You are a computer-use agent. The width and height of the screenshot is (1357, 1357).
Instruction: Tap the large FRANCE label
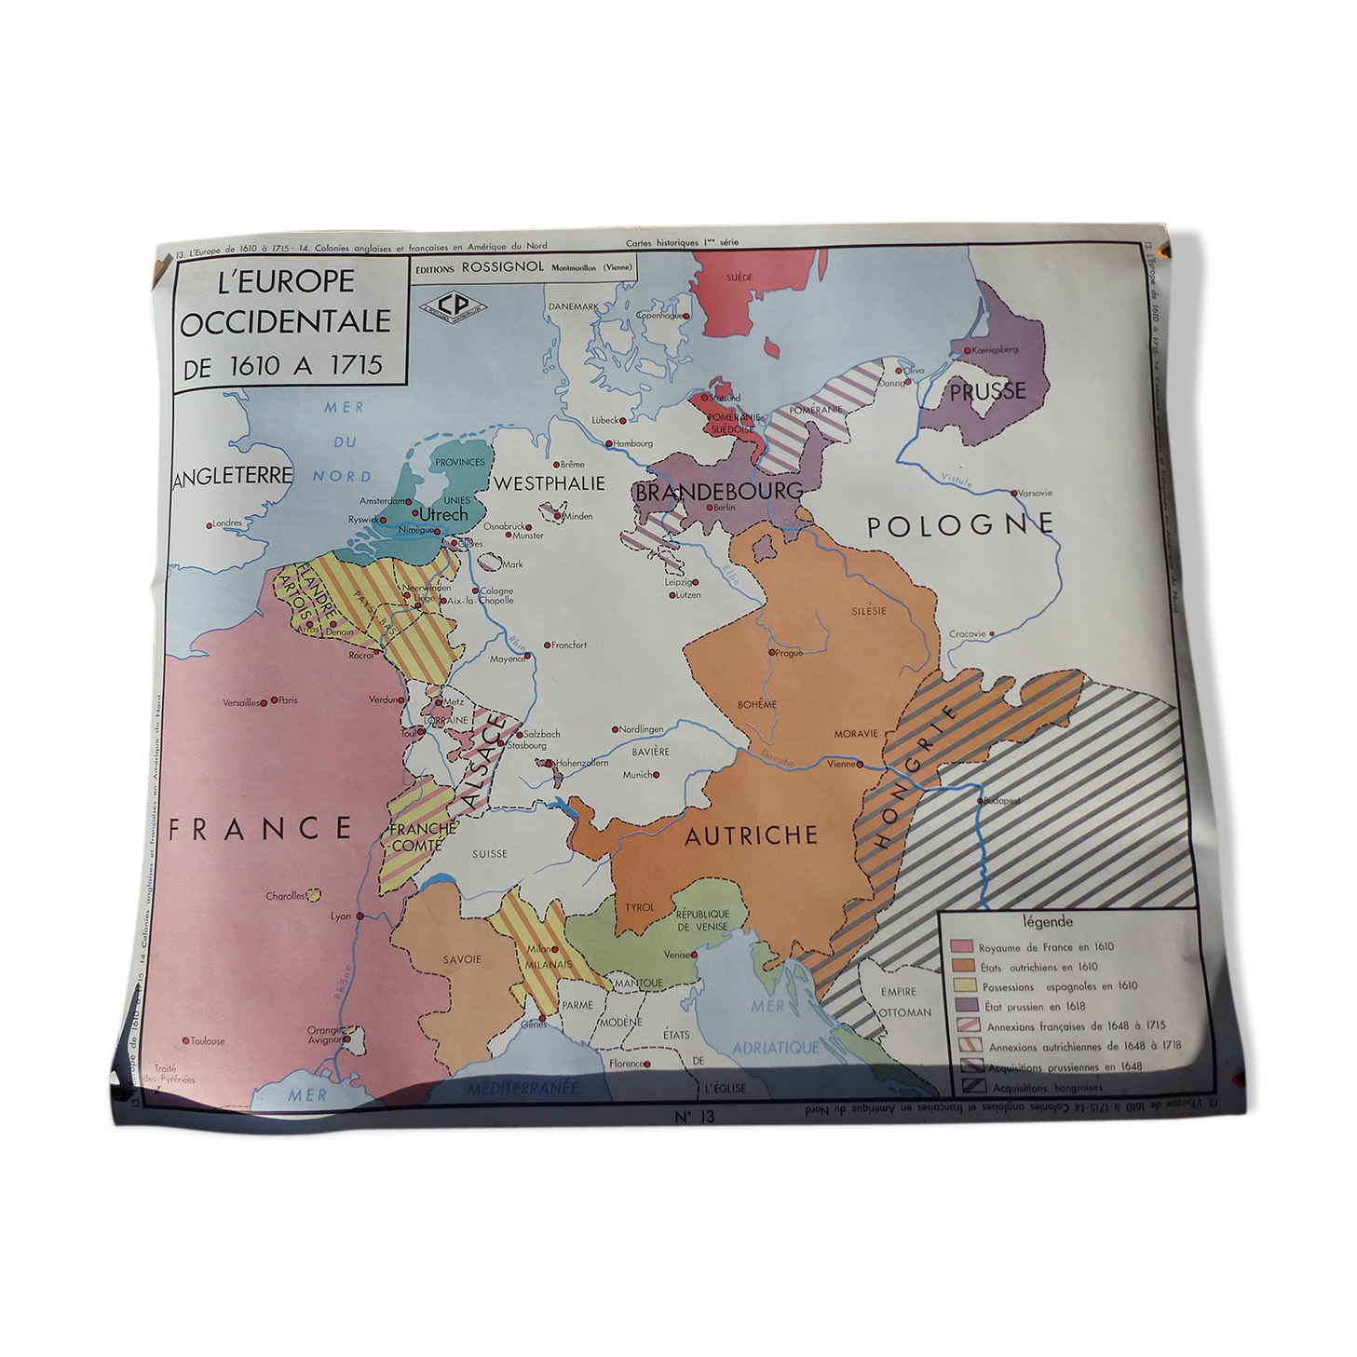pyautogui.click(x=260, y=828)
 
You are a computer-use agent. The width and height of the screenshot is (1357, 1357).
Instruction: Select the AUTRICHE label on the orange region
pyautogui.click(x=751, y=835)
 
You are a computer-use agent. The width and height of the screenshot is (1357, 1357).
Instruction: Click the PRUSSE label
pyautogui.click(x=987, y=392)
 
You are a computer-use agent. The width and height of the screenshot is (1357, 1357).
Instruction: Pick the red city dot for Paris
pyautogui.click(x=276, y=700)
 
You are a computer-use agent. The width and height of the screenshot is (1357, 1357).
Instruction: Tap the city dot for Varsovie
pyautogui.click(x=1013, y=493)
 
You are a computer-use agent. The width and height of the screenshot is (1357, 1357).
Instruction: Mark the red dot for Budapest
pyautogui.click(x=980, y=800)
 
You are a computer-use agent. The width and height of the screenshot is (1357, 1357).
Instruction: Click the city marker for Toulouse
pyautogui.click(x=186, y=1040)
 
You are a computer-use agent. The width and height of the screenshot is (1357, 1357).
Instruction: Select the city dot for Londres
pyautogui.click(x=210, y=524)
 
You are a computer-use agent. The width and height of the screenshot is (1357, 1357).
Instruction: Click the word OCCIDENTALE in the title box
pyautogui.click(x=286, y=322)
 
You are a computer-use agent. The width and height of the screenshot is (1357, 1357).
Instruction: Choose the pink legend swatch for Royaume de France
pyautogui.click(x=961, y=946)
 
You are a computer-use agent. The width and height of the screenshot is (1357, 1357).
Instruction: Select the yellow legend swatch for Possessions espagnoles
pyautogui.click(x=962, y=985)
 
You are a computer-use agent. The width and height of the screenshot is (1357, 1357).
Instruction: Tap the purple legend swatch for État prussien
pyautogui.click(x=963, y=1006)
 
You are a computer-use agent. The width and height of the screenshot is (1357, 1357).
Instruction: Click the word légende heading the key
pyautogui.click(x=1047, y=922)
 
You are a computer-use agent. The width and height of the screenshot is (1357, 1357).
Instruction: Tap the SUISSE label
pyautogui.click(x=489, y=853)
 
